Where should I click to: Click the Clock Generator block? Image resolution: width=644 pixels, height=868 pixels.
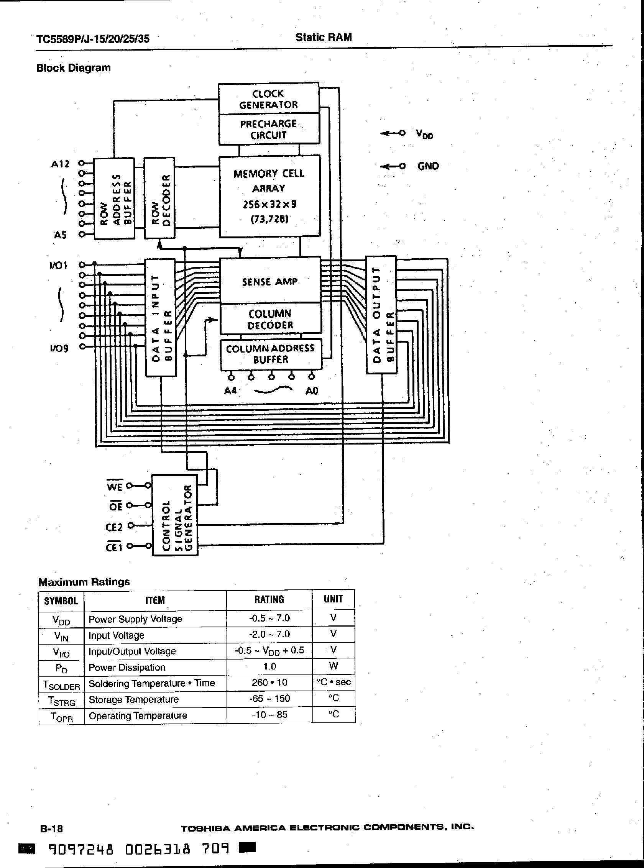click(x=269, y=99)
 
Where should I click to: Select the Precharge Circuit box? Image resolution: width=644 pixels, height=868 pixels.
click(x=269, y=130)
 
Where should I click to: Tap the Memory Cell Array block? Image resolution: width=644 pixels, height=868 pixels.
click(x=269, y=196)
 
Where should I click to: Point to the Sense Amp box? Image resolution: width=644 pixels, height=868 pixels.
click(x=270, y=281)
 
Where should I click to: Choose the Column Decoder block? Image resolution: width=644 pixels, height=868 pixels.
click(x=270, y=319)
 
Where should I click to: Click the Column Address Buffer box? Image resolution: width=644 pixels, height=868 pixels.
click(x=271, y=354)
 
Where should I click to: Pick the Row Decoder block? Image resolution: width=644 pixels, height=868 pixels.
click(x=160, y=199)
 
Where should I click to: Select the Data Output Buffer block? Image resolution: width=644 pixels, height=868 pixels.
click(x=381, y=315)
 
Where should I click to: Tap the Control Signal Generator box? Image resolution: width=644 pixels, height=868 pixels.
click(x=175, y=515)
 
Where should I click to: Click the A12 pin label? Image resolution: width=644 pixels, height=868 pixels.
click(x=60, y=164)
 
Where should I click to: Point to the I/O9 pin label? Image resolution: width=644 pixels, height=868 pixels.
click(x=59, y=348)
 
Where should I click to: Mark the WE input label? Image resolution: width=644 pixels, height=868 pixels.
click(x=114, y=486)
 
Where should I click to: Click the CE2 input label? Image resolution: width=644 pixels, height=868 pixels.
click(x=114, y=527)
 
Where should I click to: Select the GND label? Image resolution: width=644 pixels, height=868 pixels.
click(x=428, y=166)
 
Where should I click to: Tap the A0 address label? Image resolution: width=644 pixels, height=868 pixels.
click(x=312, y=390)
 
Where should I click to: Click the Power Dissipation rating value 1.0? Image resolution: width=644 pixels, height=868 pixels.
click(x=269, y=666)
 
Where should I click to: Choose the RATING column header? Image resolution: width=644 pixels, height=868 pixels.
click(x=269, y=599)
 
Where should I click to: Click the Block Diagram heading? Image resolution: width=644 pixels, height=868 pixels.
click(x=73, y=68)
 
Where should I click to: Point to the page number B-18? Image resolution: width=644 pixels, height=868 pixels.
click(x=51, y=828)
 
